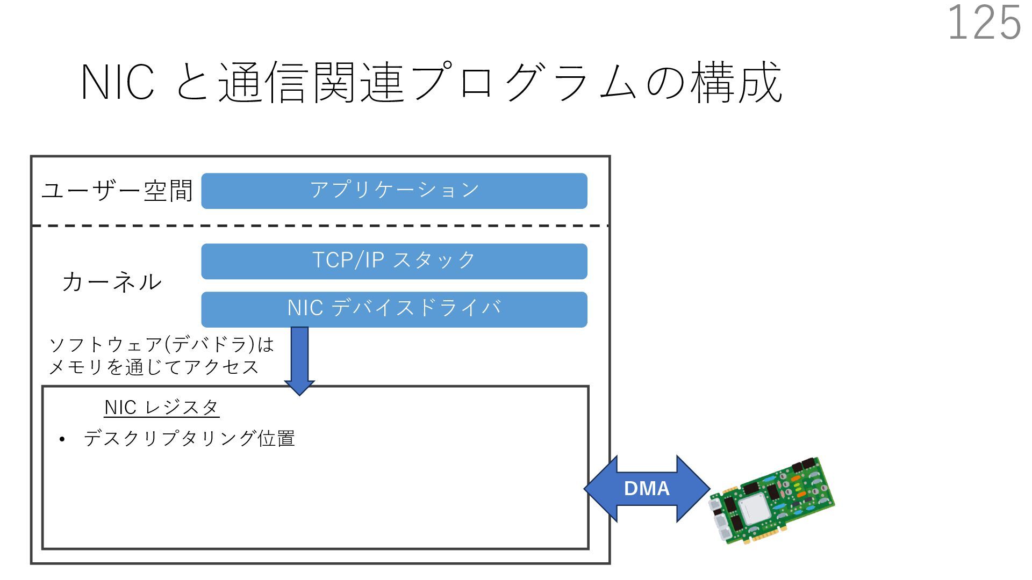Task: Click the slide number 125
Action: [x=984, y=23]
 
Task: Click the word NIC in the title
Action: [x=118, y=82]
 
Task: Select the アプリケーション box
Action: [x=394, y=191]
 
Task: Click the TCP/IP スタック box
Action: [x=394, y=262]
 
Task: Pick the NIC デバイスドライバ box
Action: [x=394, y=309]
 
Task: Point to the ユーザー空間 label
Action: [x=117, y=191]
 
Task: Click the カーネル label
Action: [x=111, y=282]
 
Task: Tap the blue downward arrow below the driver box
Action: [x=299, y=361]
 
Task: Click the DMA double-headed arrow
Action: [x=647, y=489]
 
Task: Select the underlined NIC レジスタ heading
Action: [x=161, y=408]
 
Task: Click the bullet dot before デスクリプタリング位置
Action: [x=62, y=440]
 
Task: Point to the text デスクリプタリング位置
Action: [x=189, y=439]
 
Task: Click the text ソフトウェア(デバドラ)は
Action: [x=162, y=344]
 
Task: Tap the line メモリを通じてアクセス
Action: [x=154, y=367]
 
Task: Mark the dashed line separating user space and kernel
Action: [x=320, y=226]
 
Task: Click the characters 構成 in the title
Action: [x=736, y=82]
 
